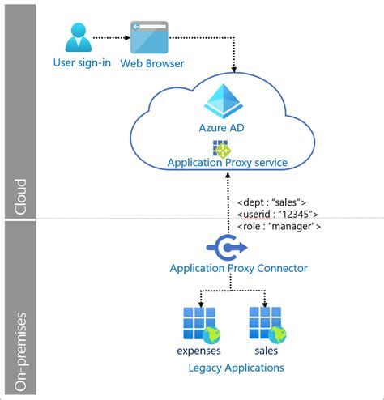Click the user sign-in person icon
coord(77,37)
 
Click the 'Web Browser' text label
coord(152,63)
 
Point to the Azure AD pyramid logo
coord(222,101)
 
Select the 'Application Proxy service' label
coord(227,163)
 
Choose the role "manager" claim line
coord(280,226)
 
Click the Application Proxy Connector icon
coord(223,245)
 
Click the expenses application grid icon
coord(197,323)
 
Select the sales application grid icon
coord(267,323)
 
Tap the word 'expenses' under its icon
coord(199,351)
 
